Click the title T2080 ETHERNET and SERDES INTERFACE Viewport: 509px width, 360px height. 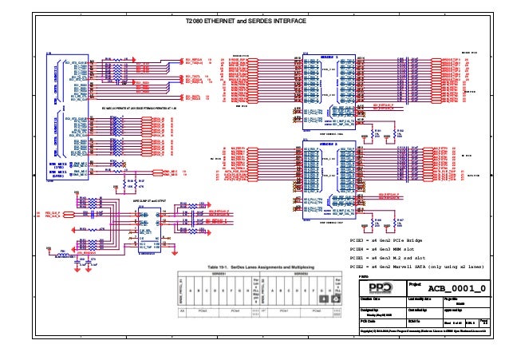pos(244,22)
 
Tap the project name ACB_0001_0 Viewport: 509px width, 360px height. pos(456,287)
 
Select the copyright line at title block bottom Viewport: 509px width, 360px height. pos(423,330)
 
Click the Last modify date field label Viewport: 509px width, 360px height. pos(419,299)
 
